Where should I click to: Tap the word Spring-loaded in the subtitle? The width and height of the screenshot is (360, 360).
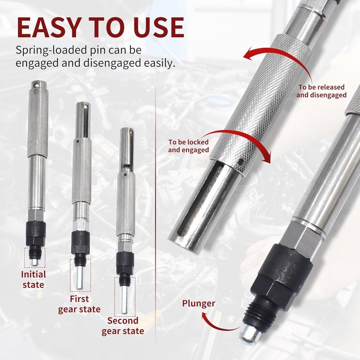coord(47,50)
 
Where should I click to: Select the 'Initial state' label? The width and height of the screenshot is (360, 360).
coord(33,279)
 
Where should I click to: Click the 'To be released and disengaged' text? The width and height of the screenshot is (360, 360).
coord(321,91)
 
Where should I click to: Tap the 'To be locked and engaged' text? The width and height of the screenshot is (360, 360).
coord(189,146)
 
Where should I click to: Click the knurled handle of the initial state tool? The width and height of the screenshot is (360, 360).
coord(38,124)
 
